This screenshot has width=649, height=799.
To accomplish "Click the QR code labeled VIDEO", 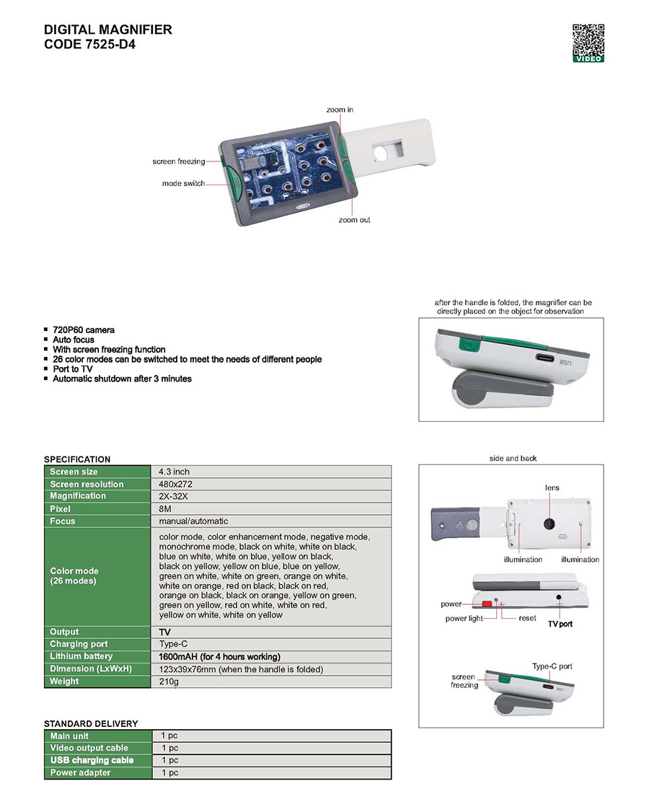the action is click(588, 43).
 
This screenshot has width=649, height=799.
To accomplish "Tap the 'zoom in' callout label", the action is click(340, 110).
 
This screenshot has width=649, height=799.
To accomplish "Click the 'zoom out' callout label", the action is click(355, 220).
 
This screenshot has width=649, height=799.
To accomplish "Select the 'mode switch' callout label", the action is click(183, 183).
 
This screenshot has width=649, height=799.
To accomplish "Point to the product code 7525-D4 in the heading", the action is click(110, 44).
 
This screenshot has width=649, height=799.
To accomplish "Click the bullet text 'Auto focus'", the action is click(74, 340).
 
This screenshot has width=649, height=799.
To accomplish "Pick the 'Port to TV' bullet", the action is click(73, 369).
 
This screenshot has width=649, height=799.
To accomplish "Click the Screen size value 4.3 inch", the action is click(175, 472).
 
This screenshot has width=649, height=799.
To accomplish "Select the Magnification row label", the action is click(78, 496).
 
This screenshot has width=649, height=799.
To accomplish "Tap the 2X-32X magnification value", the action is click(173, 496).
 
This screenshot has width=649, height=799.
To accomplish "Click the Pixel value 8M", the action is click(165, 509).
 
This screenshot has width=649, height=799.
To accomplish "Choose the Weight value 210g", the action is click(169, 681).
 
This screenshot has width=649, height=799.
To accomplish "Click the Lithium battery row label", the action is click(81, 656).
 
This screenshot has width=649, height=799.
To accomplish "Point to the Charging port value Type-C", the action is click(173, 644).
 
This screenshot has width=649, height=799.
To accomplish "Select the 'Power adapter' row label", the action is click(81, 772).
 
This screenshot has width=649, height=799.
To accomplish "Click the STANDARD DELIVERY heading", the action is click(91, 723).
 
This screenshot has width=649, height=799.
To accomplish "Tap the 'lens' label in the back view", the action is click(552, 487).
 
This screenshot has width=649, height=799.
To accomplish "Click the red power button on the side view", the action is click(487, 604).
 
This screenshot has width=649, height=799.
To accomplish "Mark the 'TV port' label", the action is click(560, 624).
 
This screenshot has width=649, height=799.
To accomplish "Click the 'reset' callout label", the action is click(527, 618).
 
